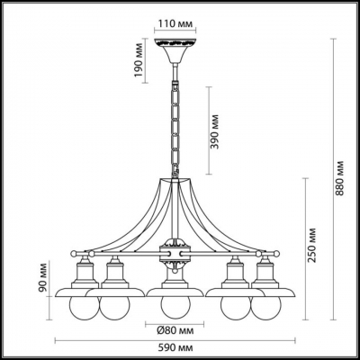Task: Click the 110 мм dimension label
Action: [175, 23]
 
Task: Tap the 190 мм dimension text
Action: [139, 60]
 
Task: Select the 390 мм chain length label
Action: [215, 131]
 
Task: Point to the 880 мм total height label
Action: [339, 178]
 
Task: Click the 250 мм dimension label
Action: [312, 245]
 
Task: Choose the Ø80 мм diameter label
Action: [175, 331]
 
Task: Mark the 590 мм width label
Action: [175, 347]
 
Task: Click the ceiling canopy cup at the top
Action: [175, 50]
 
